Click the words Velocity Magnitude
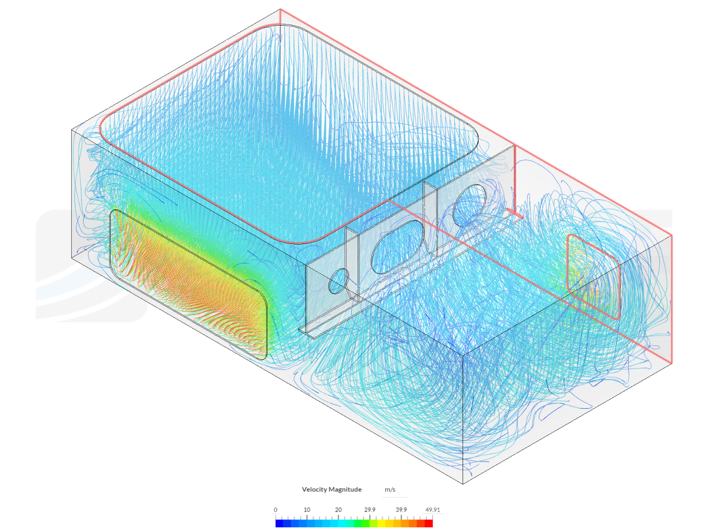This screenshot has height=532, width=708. (331, 489)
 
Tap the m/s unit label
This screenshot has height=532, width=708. (390, 490)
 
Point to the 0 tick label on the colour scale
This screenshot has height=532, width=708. (275, 510)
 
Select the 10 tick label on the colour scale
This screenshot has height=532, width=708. (307, 510)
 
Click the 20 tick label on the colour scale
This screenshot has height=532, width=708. (338, 510)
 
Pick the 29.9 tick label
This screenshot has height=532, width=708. (370, 510)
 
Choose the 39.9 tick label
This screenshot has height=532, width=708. (401, 510)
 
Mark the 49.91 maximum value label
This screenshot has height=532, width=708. (432, 510)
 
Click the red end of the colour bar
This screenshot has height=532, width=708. (428, 523)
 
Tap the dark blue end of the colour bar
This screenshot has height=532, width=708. (280, 523)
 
